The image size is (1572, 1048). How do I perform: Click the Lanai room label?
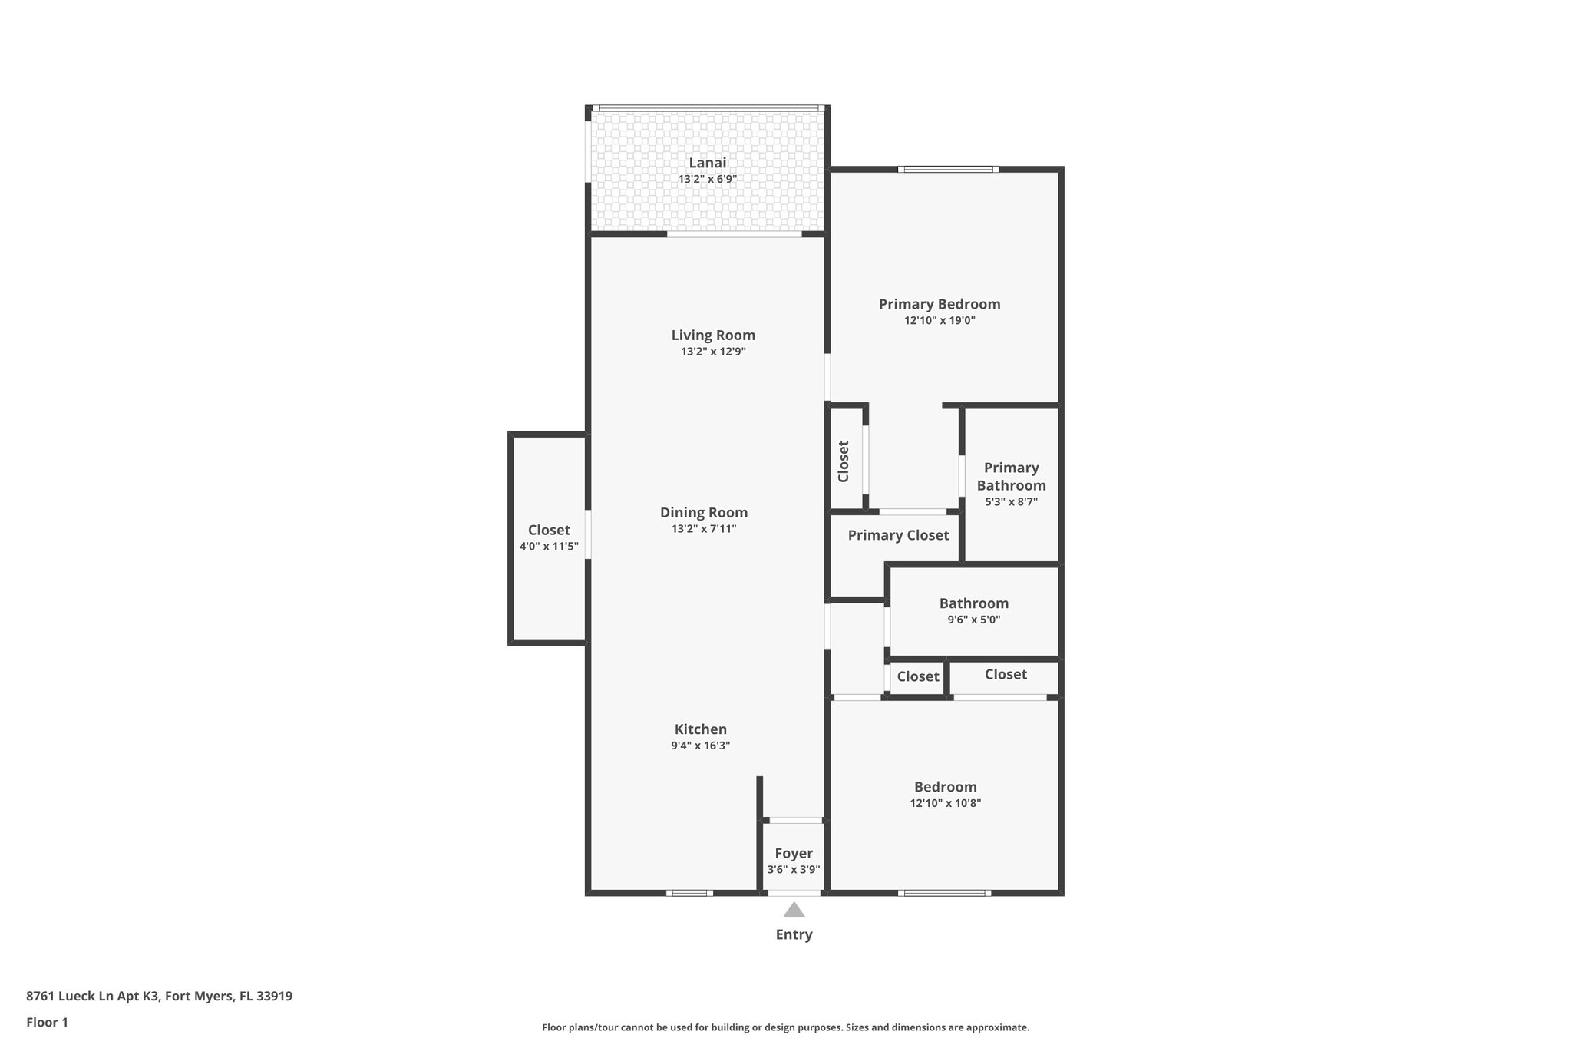(707, 163)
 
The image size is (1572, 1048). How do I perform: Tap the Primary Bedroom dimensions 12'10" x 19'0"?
(940, 321)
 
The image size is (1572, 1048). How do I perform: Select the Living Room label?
(713, 336)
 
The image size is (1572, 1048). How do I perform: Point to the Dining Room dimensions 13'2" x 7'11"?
(703, 529)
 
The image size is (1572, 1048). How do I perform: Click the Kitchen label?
(700, 729)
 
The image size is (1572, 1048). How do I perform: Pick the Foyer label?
(794, 854)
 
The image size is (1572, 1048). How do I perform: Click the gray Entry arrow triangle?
(794, 911)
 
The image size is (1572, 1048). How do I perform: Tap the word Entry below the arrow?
(794, 934)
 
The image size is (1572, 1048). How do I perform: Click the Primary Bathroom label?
(1011, 477)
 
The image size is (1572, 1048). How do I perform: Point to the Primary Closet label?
(898, 535)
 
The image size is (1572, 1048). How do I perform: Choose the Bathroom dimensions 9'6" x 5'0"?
(973, 620)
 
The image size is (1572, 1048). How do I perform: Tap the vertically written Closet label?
(844, 461)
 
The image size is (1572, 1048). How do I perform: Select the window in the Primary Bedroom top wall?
(948, 170)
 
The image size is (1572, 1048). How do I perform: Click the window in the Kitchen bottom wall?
(689, 893)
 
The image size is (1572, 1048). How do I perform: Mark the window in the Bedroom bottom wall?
(944, 893)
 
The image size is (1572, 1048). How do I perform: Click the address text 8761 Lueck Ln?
(159, 997)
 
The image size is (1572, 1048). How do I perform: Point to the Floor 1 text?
(47, 1023)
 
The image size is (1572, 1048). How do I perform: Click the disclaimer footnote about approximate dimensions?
(785, 1027)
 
